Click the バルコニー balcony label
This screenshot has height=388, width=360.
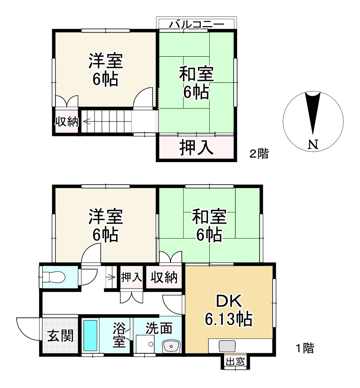pyautogui.click(x=196, y=24)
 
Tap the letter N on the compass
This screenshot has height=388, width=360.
pyautogui.click(x=314, y=144)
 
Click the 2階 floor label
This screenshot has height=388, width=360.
pyautogui.click(x=259, y=154)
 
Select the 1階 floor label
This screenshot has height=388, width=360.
pyautogui.click(x=305, y=348)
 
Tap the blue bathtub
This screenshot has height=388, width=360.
pyautogui.click(x=90, y=335)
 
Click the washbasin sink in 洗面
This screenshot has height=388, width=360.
pyautogui.click(x=171, y=346)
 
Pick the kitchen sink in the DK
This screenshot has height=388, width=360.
pyautogui.click(x=226, y=346)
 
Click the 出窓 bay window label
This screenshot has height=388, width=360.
pyautogui.click(x=235, y=362)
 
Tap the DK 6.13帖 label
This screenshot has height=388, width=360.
pyautogui.click(x=228, y=311)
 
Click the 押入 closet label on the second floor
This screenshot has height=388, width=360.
pyautogui.click(x=196, y=147)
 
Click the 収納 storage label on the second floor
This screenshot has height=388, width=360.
pyautogui.click(x=67, y=122)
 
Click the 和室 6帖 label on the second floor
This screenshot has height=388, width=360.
pyautogui.click(x=196, y=83)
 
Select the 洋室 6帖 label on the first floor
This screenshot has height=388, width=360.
pyautogui.click(x=105, y=225)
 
